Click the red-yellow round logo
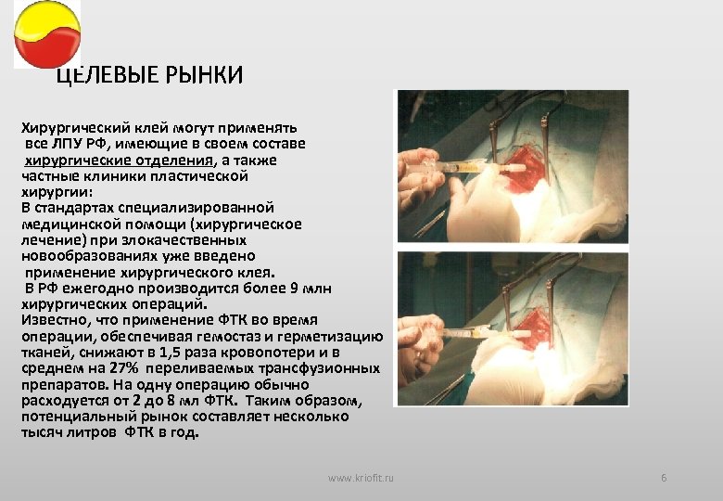(46, 34)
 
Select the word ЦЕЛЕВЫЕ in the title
(102, 75)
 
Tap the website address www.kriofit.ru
(361, 477)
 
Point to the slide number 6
(664, 477)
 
